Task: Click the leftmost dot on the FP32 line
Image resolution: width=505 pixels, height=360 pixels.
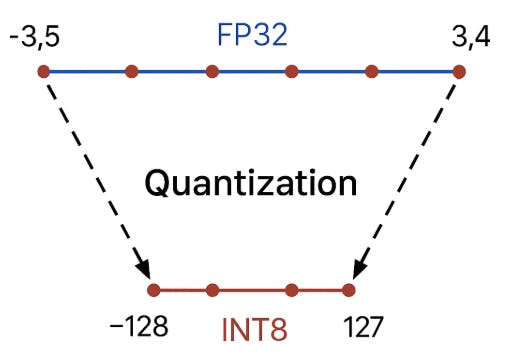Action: pyautogui.click(x=43, y=71)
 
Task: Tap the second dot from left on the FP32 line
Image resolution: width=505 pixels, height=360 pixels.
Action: pyautogui.click(x=131, y=71)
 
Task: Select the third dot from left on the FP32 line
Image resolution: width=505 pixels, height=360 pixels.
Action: pyautogui.click(x=212, y=71)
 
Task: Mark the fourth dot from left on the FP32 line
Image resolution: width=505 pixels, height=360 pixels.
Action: pyautogui.click(x=291, y=71)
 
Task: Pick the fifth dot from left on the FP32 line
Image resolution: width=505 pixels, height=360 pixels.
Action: pyautogui.click(x=372, y=71)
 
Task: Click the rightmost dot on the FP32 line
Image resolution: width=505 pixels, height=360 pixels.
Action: pyautogui.click(x=459, y=71)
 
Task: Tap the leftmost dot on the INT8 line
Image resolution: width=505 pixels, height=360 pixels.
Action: pyautogui.click(x=153, y=291)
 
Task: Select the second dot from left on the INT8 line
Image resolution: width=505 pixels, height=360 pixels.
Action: pyautogui.click(x=211, y=291)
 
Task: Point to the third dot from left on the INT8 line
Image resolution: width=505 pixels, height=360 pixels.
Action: pyautogui.click(x=291, y=291)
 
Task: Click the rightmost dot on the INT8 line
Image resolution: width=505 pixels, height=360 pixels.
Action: pyautogui.click(x=349, y=291)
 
